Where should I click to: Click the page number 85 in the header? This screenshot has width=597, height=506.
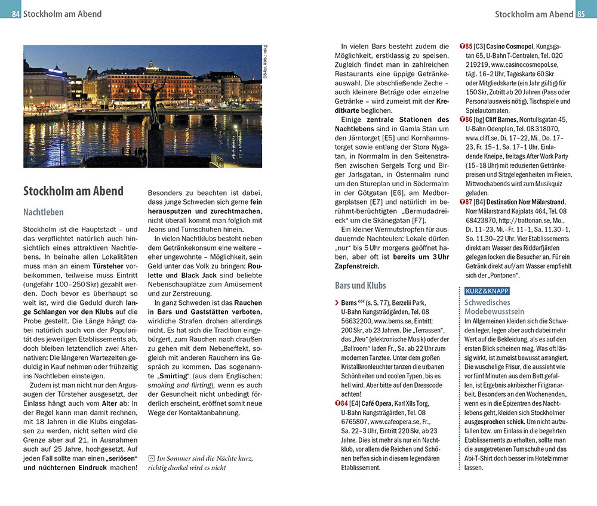(581, 14)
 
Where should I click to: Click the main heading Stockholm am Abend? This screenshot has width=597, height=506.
(73, 192)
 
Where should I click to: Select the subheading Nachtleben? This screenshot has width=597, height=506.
(43, 212)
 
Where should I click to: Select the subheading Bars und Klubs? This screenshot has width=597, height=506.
(361, 285)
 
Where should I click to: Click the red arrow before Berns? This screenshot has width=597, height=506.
(337, 303)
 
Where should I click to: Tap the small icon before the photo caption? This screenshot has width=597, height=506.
(152, 458)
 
